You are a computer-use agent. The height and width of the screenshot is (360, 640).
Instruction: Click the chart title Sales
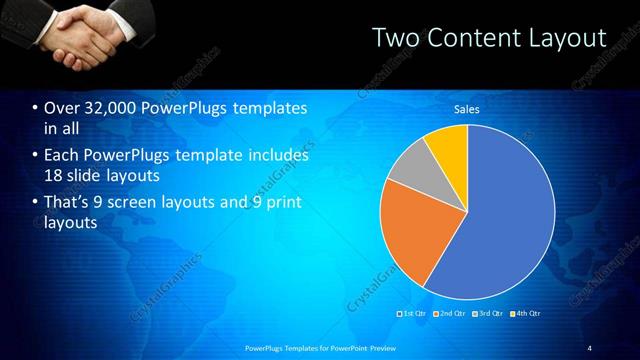[x=467, y=109]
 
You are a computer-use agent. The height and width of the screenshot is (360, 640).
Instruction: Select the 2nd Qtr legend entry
[x=450, y=314]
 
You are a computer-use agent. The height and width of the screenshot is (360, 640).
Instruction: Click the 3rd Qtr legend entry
[x=488, y=314]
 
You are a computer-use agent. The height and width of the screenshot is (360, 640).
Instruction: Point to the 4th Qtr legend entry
[x=526, y=314]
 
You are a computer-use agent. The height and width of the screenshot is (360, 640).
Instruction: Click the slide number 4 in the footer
[x=589, y=347]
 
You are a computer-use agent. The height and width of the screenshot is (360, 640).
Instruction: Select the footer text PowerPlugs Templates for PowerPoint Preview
[x=320, y=347]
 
